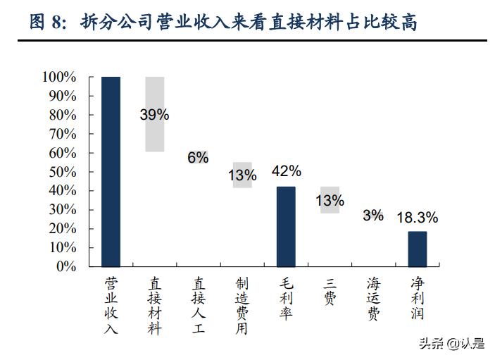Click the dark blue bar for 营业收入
coord(111,171)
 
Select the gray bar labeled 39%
coord(154,134)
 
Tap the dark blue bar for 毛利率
coord(286,226)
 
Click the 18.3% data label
coord(417,218)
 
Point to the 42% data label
coord(287,171)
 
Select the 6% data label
coord(198,158)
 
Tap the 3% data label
coord(373,216)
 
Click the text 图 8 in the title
coord(48,23)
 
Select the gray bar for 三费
coord(330,199)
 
